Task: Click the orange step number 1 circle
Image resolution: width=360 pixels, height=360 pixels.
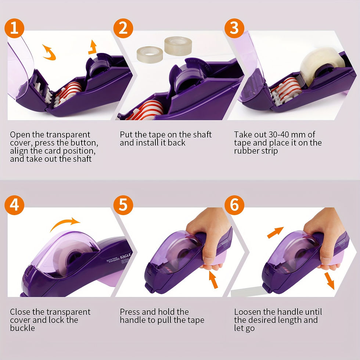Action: pyautogui.click(x=14, y=28)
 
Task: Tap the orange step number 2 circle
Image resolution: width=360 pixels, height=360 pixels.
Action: pyautogui.click(x=123, y=28)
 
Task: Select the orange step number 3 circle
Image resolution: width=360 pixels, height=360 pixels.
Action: pyautogui.click(x=234, y=28)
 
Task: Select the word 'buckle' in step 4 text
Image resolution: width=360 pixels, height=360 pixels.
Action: pyautogui.click(x=22, y=328)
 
